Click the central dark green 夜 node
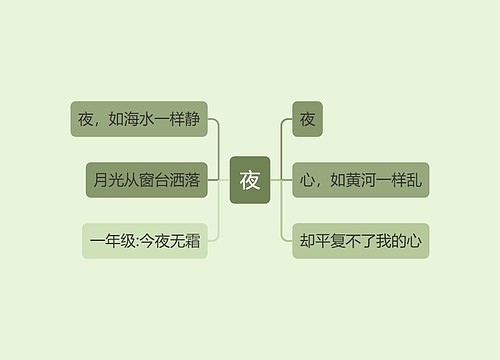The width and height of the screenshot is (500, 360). tap(249, 180)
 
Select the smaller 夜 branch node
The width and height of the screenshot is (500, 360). tap(307, 120)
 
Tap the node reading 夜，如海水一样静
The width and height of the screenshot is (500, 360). tap(140, 120)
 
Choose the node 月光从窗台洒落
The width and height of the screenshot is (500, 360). tap(145, 180)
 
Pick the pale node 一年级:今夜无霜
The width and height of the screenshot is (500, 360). tap(145, 240)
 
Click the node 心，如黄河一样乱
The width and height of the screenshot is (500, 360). tap(360, 180)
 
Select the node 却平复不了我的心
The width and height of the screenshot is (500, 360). tap(360, 240)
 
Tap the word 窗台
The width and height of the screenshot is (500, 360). tap(153, 180)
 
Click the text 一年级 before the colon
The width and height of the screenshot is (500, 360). tap(111, 240)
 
